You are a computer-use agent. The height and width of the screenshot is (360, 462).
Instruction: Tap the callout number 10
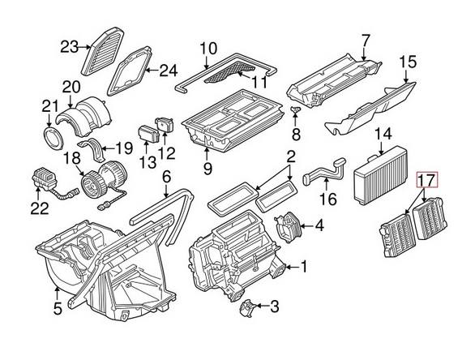pyautogui.click(x=208, y=47)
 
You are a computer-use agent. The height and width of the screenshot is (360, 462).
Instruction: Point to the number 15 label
pyautogui.click(x=408, y=61)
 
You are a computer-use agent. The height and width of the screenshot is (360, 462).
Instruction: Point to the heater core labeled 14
pyautogui.click(x=377, y=172)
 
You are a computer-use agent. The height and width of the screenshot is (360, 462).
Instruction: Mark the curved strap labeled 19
pyautogui.click(x=101, y=150)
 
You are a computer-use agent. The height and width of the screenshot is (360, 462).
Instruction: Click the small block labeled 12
pyautogui.click(x=166, y=126)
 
